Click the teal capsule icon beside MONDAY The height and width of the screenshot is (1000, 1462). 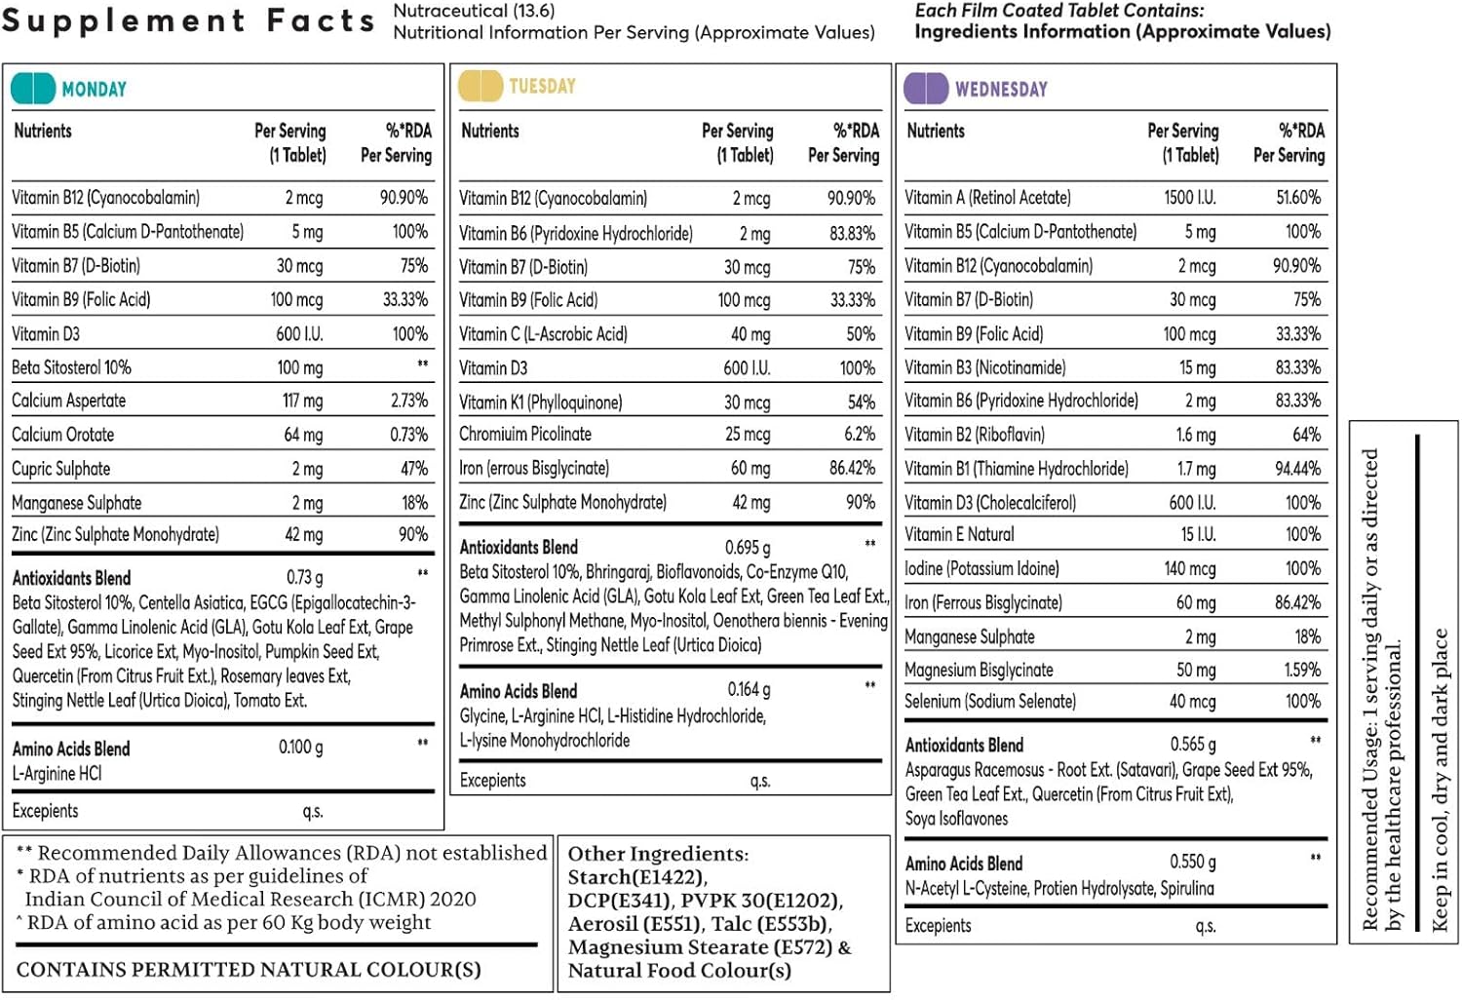pyautogui.click(x=33, y=88)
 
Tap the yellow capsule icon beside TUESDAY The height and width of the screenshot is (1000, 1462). pyautogui.click(x=481, y=86)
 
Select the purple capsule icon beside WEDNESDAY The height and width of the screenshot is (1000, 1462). pyautogui.click(x=926, y=88)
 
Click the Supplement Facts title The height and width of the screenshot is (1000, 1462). pyautogui.click(x=189, y=20)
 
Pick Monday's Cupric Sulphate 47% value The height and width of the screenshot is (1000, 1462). pyautogui.click(x=414, y=469)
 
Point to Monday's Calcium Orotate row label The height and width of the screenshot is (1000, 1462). pyautogui.click(x=63, y=435)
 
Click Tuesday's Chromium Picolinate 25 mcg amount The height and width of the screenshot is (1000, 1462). pyautogui.click(x=748, y=434)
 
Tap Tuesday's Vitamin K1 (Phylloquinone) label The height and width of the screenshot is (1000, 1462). pyautogui.click(x=540, y=403)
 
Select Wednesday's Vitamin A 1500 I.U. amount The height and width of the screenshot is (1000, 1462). pyautogui.click(x=1190, y=197)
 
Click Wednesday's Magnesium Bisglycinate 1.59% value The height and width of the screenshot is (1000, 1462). pyautogui.click(x=1302, y=670)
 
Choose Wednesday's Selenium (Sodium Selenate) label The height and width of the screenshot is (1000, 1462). pyautogui.click(x=990, y=701)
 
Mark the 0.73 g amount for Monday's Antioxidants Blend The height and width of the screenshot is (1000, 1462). pyautogui.click(x=305, y=577)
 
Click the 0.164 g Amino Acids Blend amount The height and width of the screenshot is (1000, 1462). pyautogui.click(x=750, y=689)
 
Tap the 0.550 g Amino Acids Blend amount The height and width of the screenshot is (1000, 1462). pyautogui.click(x=1193, y=862)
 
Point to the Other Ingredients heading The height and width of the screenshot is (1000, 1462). pyautogui.click(x=659, y=854)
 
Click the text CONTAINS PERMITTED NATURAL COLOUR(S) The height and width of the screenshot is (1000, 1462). pyautogui.click(x=249, y=970)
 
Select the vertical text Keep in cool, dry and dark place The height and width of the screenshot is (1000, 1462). pyautogui.click(x=1440, y=780)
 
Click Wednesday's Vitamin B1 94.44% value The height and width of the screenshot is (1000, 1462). pyautogui.click(x=1298, y=469)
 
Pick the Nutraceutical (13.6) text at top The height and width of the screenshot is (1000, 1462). pyautogui.click(x=474, y=11)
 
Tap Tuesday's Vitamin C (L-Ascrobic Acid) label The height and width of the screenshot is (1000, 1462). pyautogui.click(x=543, y=334)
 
